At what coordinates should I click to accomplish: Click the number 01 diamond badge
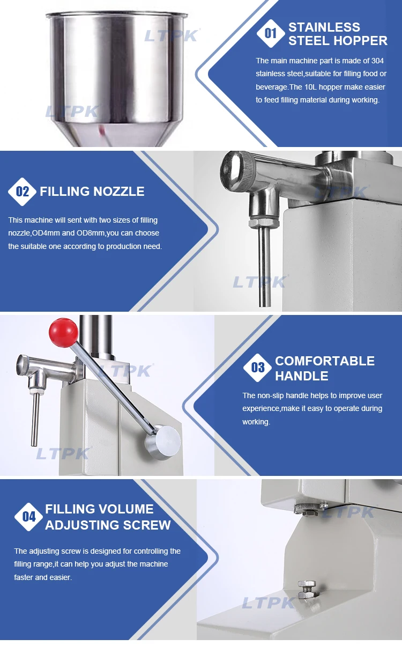[270, 33]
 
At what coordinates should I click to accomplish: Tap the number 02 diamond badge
[22, 192]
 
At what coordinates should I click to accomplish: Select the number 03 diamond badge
[257, 368]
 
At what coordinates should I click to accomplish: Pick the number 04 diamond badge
[28, 517]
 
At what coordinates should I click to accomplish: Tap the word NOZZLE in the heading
[119, 192]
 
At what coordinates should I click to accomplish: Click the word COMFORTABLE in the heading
[325, 361]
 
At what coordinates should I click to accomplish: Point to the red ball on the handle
[63, 332]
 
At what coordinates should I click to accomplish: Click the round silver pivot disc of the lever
[163, 442]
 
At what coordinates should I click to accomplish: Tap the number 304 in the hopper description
[377, 61]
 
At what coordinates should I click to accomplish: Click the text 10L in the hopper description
[310, 87]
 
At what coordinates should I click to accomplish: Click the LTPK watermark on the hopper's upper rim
[172, 35]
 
